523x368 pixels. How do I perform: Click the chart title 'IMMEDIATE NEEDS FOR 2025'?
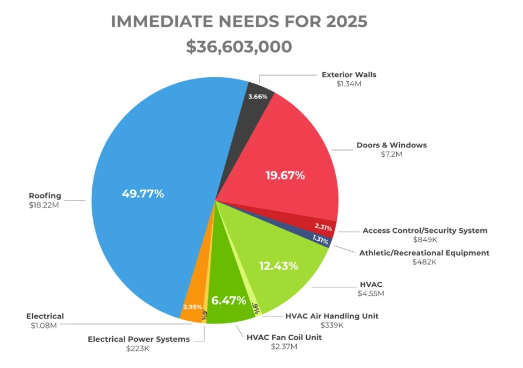coord(239,22)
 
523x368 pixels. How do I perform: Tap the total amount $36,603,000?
coord(239,47)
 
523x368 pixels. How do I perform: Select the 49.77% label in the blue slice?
coord(143,194)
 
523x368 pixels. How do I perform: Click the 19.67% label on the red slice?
coord(285,176)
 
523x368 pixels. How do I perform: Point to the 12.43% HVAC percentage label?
coord(278,266)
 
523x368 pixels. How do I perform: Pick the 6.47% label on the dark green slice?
coord(228,301)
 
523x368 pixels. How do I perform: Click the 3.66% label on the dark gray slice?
coord(258,97)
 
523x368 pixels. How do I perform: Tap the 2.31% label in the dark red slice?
coord(323,227)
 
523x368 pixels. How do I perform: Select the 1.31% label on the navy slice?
coord(320,238)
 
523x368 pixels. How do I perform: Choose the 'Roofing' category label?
coord(45,196)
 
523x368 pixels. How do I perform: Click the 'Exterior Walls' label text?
coord(349,74)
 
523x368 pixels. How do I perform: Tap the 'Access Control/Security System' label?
coord(425,230)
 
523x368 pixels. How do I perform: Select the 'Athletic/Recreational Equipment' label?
coord(424,253)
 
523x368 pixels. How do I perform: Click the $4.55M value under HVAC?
coord(371,294)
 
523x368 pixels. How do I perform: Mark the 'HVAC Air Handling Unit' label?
coord(332,316)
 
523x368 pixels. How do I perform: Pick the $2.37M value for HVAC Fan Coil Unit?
coord(283,347)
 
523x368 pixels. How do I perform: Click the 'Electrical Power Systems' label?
coord(138,339)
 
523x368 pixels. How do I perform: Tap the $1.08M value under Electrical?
coord(44,325)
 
